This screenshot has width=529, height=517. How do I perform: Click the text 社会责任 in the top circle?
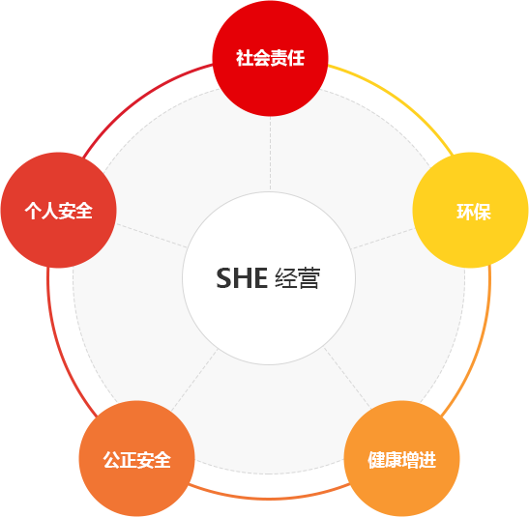click(270, 58)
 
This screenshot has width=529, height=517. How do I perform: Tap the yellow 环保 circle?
click(470, 211)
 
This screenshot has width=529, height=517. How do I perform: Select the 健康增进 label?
click(401, 460)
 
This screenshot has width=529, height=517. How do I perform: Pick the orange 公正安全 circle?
click(137, 458)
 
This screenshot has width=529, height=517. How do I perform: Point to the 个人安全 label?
click(59, 211)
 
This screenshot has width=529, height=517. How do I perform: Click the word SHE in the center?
click(242, 278)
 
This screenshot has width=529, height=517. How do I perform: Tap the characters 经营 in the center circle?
click(297, 278)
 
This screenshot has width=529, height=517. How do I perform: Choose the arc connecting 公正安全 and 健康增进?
click(269, 498)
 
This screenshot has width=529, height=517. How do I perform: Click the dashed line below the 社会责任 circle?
click(270, 154)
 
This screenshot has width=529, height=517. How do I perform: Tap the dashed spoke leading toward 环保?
click(383, 239)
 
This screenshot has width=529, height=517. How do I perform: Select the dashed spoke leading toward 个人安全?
click(152, 236)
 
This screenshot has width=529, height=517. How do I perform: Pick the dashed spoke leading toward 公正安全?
click(194, 380)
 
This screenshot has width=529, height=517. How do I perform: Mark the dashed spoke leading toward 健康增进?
click(347, 379)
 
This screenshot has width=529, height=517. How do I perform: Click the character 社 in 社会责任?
click(245, 58)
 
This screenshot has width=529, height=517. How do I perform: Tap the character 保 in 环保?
click(483, 212)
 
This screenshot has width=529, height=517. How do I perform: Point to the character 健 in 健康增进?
click(376, 460)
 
